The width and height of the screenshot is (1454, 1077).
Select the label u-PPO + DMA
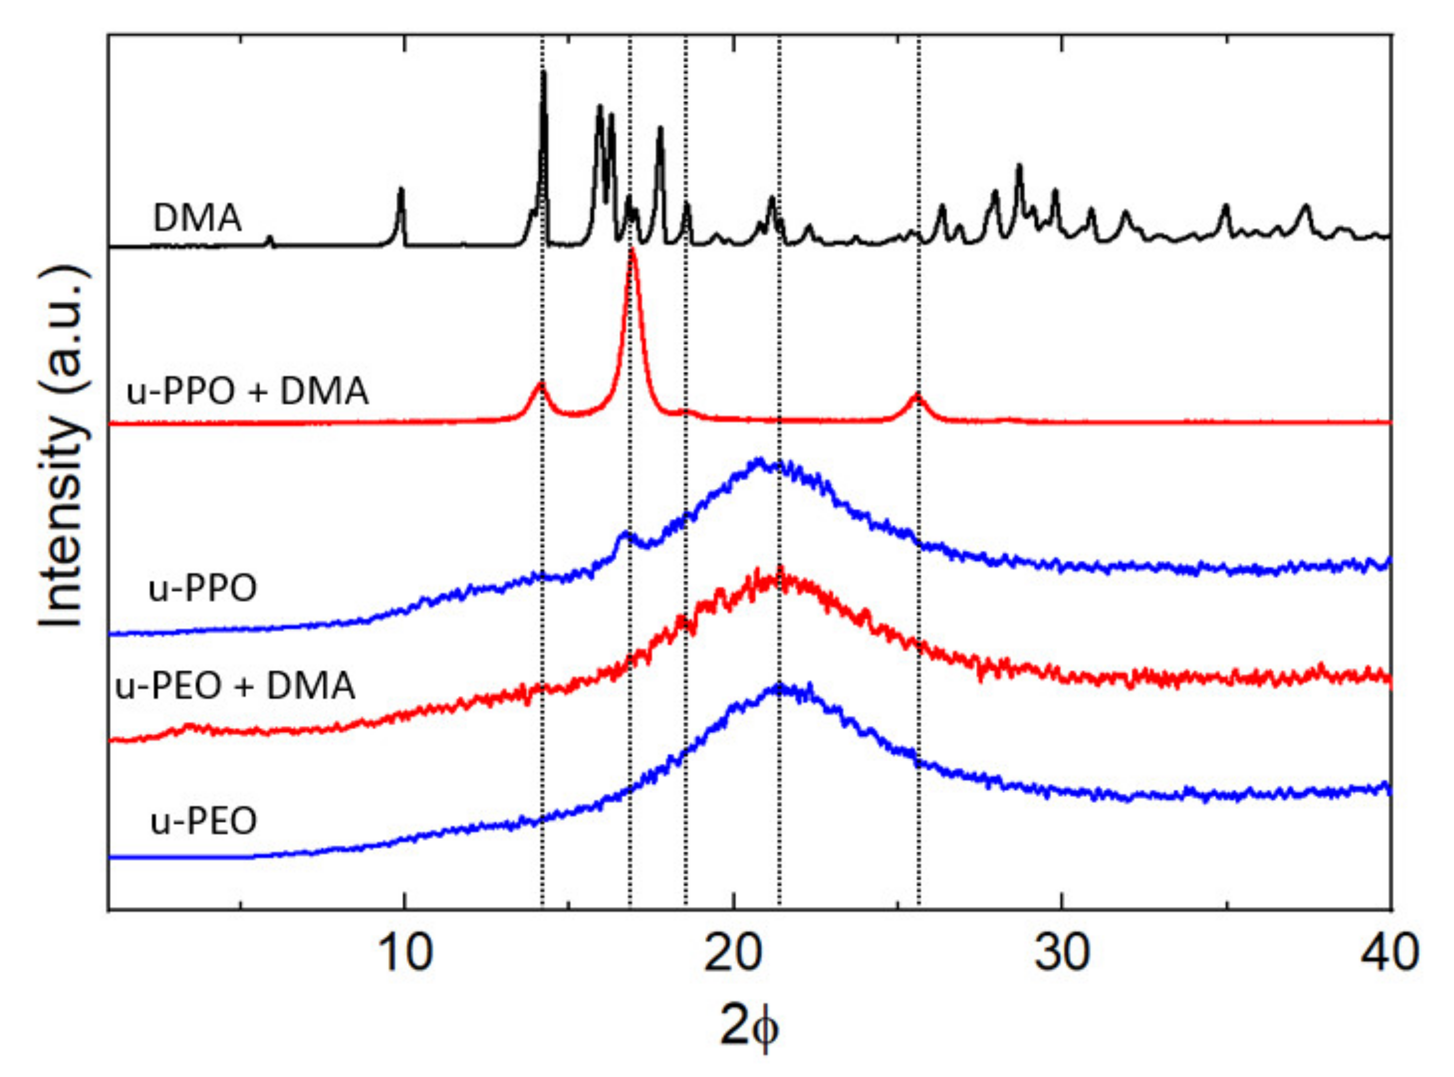(x=247, y=392)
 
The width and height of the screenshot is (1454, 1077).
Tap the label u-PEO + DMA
(x=235, y=686)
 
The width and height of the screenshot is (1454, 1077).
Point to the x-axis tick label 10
(x=405, y=953)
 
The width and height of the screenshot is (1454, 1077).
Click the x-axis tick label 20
(x=734, y=953)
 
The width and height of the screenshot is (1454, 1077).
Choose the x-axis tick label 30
(x=1062, y=953)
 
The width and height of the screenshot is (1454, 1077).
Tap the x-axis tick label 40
(x=1389, y=953)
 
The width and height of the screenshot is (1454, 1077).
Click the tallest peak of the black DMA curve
(x=544, y=73)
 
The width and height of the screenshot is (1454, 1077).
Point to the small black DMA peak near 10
(x=401, y=190)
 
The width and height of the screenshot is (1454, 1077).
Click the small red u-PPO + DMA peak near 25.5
(x=917, y=395)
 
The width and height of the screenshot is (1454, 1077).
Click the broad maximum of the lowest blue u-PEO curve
(x=779, y=686)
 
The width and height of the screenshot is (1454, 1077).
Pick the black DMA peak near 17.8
(x=660, y=129)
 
